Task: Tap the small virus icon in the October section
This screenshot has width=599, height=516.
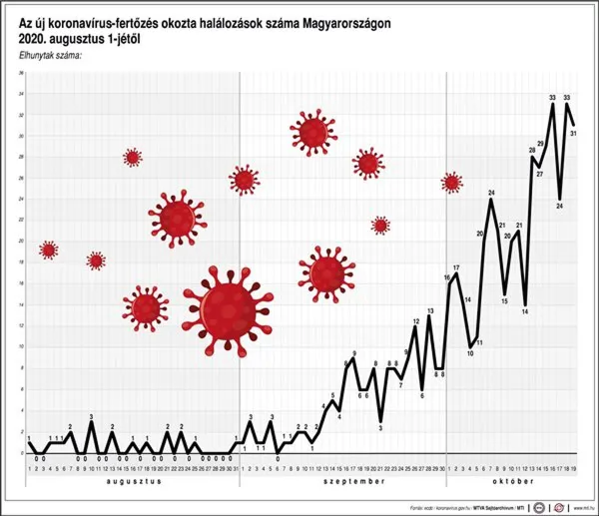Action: click(x=451, y=182)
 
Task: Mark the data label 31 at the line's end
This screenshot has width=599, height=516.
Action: click(x=574, y=132)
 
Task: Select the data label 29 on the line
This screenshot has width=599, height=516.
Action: click(x=540, y=144)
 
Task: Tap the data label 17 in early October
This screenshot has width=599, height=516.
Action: click(x=456, y=267)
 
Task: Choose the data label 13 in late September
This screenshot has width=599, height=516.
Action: click(x=429, y=310)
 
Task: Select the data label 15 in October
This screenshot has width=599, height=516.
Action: click(x=505, y=300)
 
